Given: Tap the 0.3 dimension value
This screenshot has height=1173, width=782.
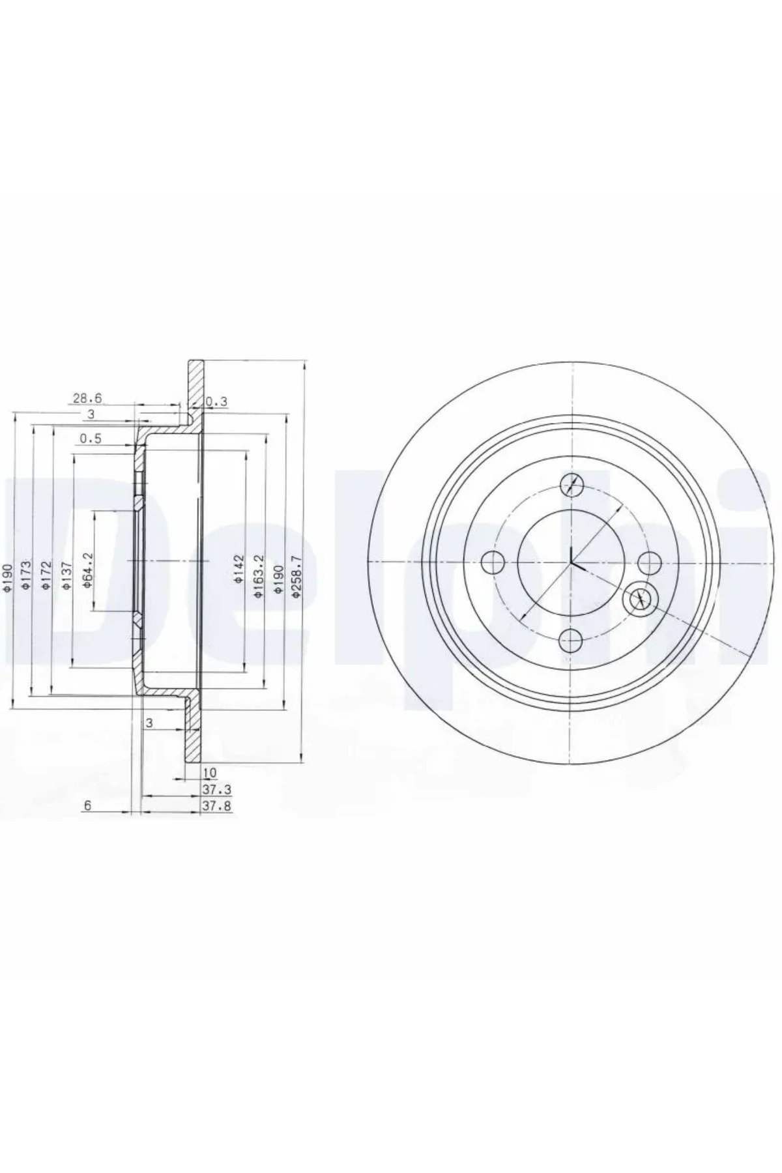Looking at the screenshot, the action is [x=216, y=402].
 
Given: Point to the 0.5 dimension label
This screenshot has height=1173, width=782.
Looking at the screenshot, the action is [x=91, y=439].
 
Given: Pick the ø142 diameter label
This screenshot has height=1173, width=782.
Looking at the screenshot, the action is [x=239, y=568].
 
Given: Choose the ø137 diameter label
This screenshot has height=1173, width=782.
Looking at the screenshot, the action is [x=67, y=577].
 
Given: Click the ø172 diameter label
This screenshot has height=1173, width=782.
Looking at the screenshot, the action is [x=46, y=577].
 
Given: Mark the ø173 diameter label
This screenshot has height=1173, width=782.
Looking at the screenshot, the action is [x=27, y=577].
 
